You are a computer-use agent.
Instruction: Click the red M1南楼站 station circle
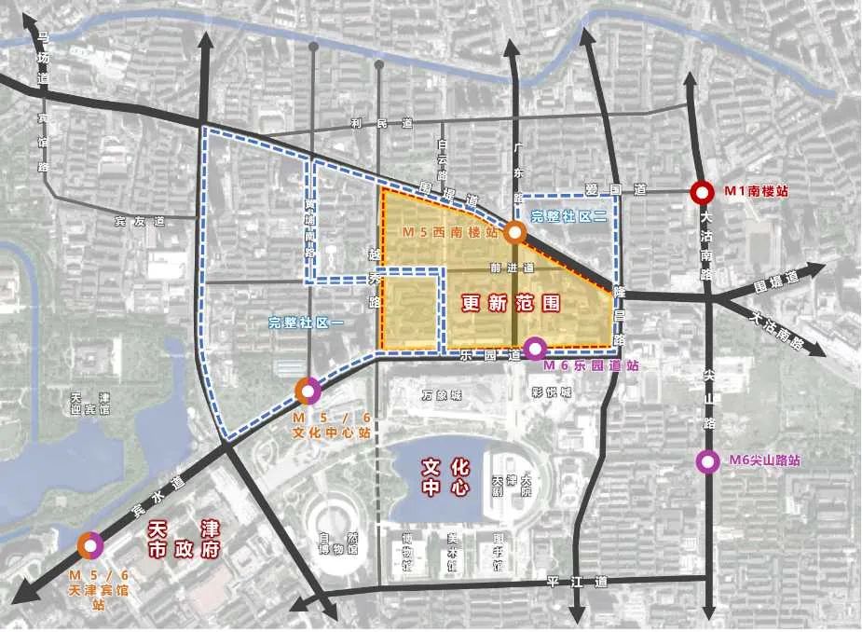[x=701, y=192]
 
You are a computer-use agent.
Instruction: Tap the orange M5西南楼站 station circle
[x=513, y=233]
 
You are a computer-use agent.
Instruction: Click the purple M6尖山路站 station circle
[x=708, y=460]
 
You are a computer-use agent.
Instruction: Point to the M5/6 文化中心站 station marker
[x=308, y=389]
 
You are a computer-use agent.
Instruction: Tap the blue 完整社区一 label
[x=307, y=323]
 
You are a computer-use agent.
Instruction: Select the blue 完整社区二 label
[x=569, y=216]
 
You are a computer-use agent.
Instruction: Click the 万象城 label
[x=441, y=395]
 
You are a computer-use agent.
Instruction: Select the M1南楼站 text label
[x=757, y=191]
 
